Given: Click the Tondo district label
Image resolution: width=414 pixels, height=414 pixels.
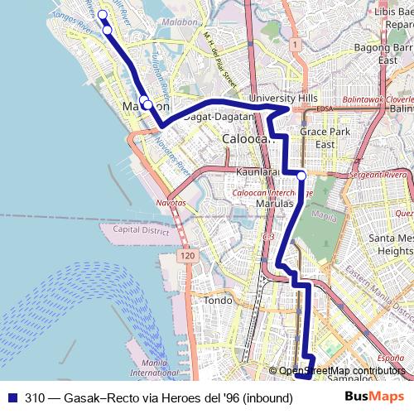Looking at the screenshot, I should pos(219,300).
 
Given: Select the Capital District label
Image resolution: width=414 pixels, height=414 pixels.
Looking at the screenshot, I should pos(135,230).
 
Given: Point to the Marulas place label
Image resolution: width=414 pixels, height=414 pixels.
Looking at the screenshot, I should pos(275,203).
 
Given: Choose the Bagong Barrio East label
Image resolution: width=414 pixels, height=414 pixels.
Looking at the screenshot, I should pos(388,54).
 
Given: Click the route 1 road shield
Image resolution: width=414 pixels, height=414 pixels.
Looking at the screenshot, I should pos(294,44).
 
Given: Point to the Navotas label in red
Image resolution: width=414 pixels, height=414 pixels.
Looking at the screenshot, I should pos(171,203).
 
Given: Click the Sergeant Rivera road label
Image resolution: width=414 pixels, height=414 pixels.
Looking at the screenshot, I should pos(380,176).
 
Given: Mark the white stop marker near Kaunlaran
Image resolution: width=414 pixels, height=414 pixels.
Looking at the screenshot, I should pos(301,176).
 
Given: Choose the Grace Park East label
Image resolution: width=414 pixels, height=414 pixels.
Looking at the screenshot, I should pos(318,137).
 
